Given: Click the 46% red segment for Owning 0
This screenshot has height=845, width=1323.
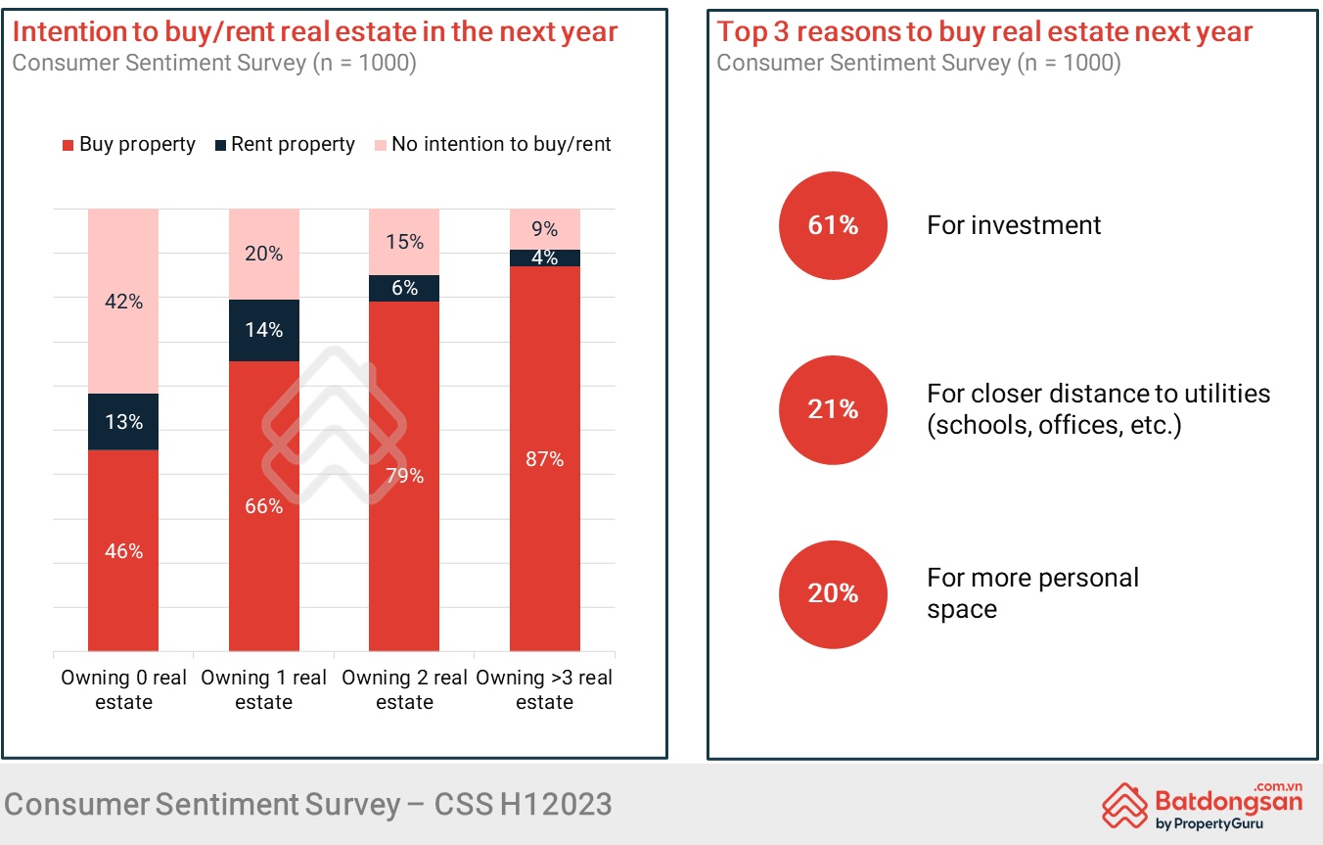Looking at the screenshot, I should coord(123,550).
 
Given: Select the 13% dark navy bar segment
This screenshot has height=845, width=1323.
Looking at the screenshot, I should coord(123,422).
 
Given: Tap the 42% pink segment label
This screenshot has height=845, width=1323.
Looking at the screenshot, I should coord(123,302).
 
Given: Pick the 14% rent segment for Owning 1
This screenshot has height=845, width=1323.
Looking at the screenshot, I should coord(264,330).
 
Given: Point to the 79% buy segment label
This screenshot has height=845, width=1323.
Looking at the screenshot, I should coord(404,476).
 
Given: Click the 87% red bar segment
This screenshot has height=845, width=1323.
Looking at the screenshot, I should coord(545,458).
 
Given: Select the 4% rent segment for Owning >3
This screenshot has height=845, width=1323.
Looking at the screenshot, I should coord(545,258).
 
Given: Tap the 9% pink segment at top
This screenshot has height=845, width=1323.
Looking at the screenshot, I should coord(545,229).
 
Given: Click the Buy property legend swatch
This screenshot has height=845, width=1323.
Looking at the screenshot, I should coord(68,146).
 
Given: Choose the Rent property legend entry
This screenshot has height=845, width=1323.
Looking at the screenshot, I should coord(284,145).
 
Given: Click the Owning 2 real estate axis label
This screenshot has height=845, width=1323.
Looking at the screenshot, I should coord(404,689).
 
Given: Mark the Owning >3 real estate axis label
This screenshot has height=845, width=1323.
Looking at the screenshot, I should coord(545,689).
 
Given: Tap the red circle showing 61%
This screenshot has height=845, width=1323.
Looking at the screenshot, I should coord(833,225).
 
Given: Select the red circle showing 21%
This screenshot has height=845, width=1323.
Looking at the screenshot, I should coord(833,409).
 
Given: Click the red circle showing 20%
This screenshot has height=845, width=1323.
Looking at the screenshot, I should coord(833,593).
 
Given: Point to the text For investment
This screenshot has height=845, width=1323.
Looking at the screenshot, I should coord(1014,225).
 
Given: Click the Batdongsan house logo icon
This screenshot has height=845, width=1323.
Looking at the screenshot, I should coord(1125,804).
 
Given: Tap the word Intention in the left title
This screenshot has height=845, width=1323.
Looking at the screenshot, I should coord(70,31).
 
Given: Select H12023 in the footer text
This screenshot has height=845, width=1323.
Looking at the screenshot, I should coord(555,804).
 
